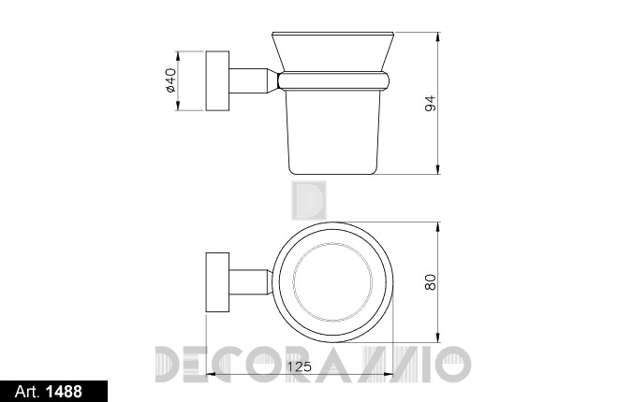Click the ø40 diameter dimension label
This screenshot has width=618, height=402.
(x=170, y=80)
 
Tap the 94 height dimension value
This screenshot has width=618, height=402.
(x=431, y=103)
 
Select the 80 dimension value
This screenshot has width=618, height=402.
(x=431, y=282)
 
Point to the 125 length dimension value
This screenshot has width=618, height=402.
(x=299, y=366)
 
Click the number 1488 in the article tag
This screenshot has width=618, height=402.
(x=65, y=392)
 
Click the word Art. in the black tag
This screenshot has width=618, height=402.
(x=27, y=392)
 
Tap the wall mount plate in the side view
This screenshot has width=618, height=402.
(x=217, y=80)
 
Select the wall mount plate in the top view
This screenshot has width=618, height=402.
(x=217, y=282)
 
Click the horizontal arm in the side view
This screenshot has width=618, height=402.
(x=254, y=80)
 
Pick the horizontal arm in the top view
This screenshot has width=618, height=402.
(x=250, y=282)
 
